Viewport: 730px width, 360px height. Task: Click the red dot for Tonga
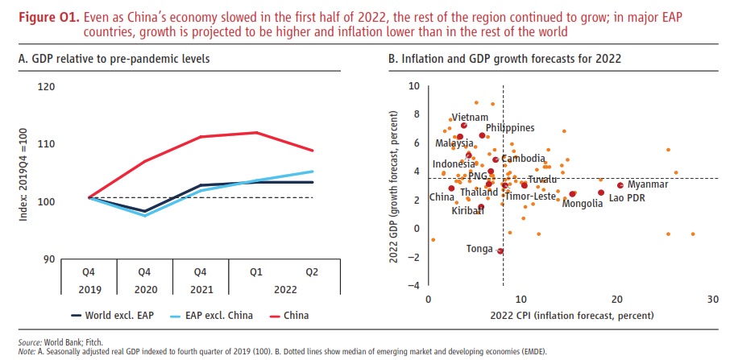click(x=500, y=251)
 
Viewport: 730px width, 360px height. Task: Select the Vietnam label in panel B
click(x=469, y=118)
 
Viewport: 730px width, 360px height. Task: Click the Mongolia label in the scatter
click(x=582, y=204)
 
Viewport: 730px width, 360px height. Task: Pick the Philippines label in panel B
click(x=509, y=127)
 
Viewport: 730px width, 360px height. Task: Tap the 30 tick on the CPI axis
click(x=712, y=299)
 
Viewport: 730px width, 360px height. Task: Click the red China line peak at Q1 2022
click(x=255, y=132)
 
